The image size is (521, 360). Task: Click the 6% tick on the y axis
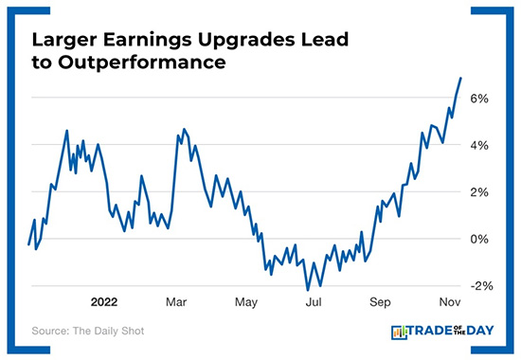coord(478,99)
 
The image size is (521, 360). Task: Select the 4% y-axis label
coord(478,145)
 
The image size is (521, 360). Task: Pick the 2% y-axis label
coord(478,192)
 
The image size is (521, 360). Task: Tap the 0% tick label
coord(478,239)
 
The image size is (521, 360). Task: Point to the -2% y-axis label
coord(476,285)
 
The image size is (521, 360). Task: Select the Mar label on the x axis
coord(176,303)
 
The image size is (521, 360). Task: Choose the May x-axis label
coord(246,303)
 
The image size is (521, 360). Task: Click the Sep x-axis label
coord(380,303)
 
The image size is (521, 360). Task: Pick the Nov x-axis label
coord(449,303)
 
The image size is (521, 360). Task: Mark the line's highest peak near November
coord(460,78)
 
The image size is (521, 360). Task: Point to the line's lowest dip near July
coord(308,289)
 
